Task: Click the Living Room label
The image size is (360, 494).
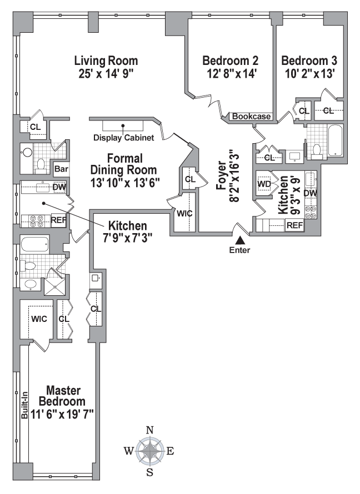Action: pos(106,60)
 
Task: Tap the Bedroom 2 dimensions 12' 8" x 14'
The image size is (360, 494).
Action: pos(231,74)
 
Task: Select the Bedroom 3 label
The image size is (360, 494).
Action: pos(309,60)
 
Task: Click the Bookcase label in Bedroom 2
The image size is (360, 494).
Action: pos(251,116)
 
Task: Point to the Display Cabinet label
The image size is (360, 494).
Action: pos(123,137)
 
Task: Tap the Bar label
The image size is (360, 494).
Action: pos(61,169)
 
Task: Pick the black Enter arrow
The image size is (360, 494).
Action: pos(240,240)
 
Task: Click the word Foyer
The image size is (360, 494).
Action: pos(222,176)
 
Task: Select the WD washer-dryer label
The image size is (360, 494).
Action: pos(264,184)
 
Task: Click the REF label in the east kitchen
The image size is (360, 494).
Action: pos(295,225)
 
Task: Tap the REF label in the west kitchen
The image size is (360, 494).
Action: pos(59,220)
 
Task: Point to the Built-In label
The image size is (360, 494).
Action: pos(24,405)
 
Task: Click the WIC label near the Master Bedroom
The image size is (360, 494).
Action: pos(39,319)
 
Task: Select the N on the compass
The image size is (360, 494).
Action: pos(150,430)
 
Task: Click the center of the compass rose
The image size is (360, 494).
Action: pos(150,451)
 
